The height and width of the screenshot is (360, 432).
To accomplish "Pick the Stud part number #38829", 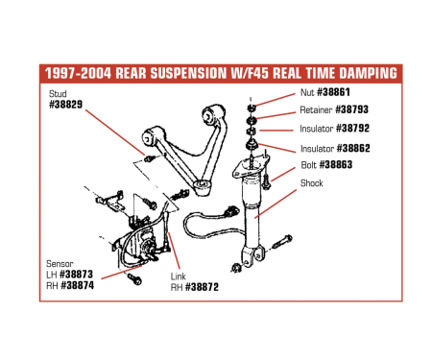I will tap(65, 103).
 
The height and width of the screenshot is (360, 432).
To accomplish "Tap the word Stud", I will tap(57, 92).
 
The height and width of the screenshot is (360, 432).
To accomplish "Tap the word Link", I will tap(180, 275).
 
